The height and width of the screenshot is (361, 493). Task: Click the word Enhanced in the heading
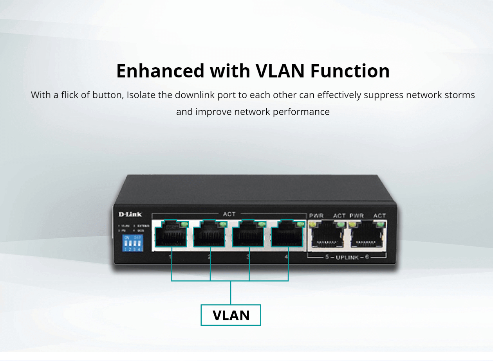(x=161, y=71)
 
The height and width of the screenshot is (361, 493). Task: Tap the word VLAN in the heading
(x=280, y=71)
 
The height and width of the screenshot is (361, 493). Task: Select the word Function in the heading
(x=350, y=71)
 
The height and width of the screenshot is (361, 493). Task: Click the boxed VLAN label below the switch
(x=231, y=315)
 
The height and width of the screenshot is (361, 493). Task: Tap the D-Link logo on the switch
(x=130, y=214)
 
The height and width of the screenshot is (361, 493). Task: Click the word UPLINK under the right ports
(x=347, y=258)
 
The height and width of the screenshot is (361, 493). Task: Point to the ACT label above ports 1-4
(x=229, y=214)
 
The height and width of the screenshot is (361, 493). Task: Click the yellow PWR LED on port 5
(x=313, y=225)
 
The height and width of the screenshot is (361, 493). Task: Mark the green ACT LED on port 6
(x=379, y=225)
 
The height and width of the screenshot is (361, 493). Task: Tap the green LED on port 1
(x=184, y=224)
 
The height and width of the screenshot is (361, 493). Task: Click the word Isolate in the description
(x=141, y=95)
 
